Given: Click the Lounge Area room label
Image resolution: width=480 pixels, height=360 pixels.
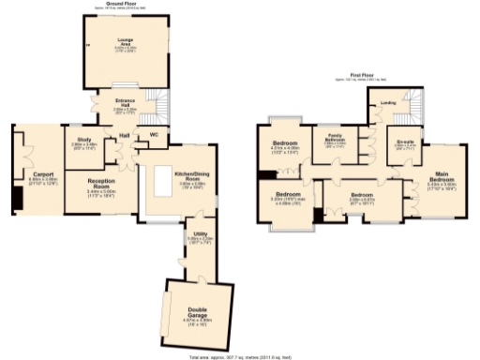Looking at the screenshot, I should point(126,41).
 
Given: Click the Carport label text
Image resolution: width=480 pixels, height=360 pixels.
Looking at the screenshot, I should point(41,174).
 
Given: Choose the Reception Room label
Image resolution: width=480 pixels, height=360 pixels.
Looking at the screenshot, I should point(100,184).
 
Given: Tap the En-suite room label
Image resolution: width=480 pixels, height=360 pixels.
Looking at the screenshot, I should point(404,142).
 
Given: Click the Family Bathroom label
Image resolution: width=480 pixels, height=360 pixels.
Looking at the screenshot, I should point(335,139).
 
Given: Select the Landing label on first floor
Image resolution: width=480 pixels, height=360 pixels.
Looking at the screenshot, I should point(385,105).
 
